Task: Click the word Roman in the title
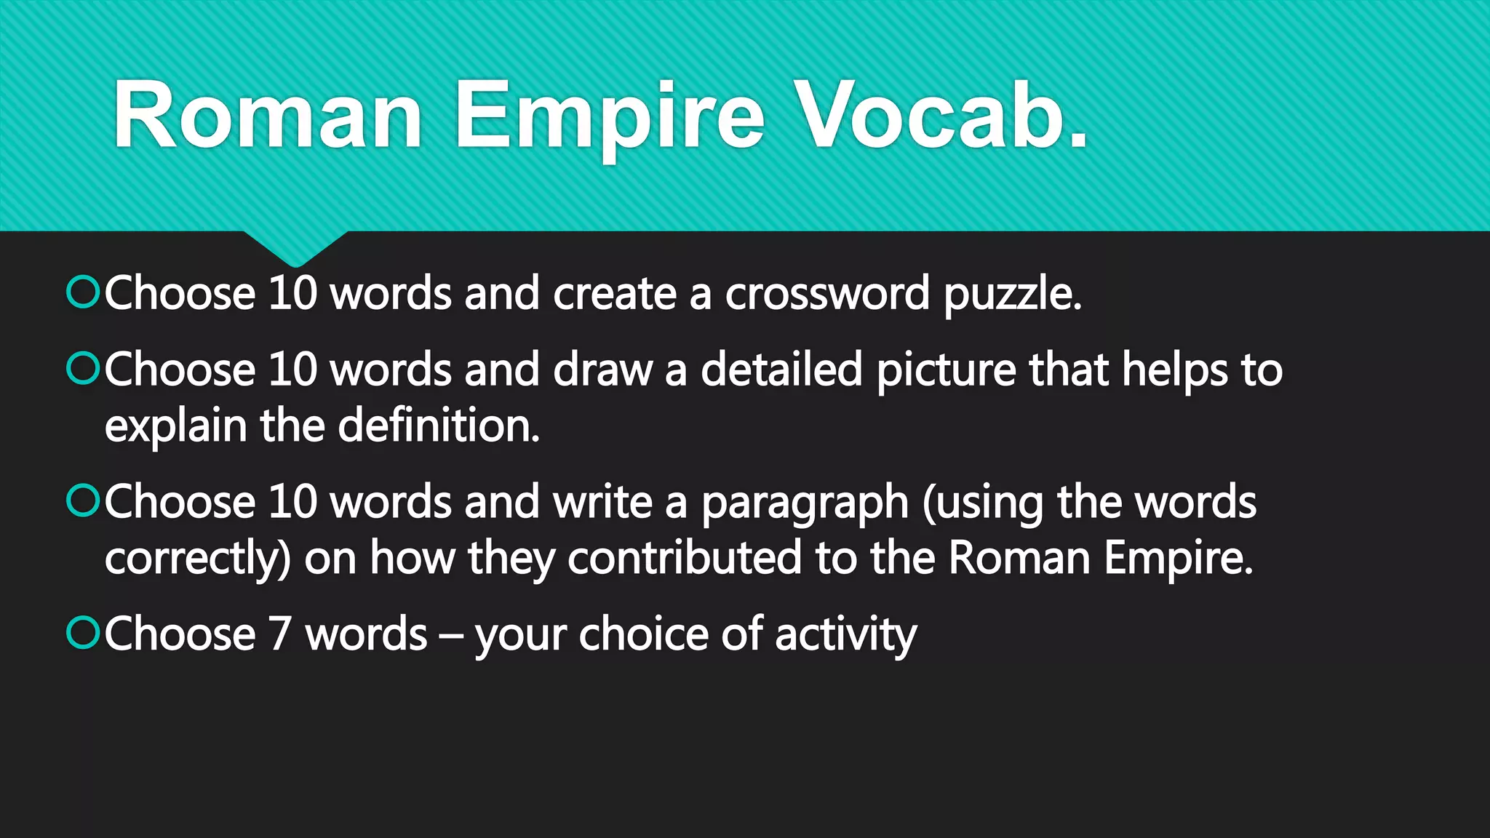click(268, 115)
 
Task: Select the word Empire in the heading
click(610, 116)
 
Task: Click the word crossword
click(827, 294)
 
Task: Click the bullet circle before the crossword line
click(82, 292)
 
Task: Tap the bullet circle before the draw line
click(82, 368)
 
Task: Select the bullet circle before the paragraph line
click(82, 501)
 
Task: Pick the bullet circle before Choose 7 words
click(82, 633)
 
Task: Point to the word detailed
click(781, 370)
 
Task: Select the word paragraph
click(805, 504)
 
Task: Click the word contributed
click(684, 559)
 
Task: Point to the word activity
click(845, 635)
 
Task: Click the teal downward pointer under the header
click(295, 248)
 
